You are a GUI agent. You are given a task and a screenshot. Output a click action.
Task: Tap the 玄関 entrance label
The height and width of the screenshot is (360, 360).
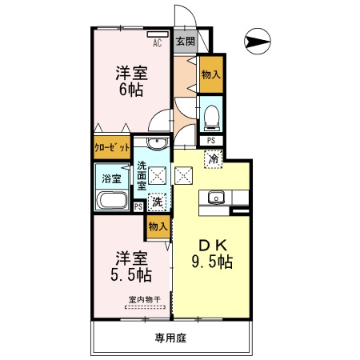[x=184, y=41]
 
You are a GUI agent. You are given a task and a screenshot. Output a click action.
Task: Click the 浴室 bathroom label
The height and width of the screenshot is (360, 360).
[x=110, y=178]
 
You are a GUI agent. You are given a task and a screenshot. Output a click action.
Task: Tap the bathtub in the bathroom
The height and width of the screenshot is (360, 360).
[x=111, y=201]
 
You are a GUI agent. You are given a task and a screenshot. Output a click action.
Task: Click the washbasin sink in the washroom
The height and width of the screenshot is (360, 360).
[x=157, y=145]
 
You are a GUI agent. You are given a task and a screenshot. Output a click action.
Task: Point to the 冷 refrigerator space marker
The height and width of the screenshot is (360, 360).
[x=214, y=158]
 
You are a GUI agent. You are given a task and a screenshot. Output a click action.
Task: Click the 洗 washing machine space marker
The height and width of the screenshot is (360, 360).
[x=158, y=202]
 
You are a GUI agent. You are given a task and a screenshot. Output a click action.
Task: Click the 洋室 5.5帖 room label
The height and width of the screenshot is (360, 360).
[x=132, y=267]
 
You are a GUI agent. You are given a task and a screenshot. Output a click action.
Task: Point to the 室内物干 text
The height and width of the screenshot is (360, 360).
[x=143, y=301]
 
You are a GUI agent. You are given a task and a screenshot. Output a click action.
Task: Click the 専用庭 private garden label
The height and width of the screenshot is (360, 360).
[x=170, y=338]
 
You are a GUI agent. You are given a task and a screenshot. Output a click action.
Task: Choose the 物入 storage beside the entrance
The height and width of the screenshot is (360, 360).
[x=210, y=74]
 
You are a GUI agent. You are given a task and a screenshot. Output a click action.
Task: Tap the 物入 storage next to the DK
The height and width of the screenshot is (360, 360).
[x=158, y=227]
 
